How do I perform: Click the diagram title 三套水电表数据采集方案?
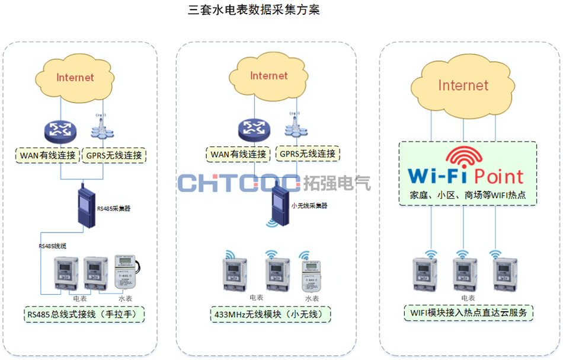[x=253, y=10]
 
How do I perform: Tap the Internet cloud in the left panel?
[x=75, y=77]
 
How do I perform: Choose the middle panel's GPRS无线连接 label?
[x=308, y=154]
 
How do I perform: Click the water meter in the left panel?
[x=127, y=272]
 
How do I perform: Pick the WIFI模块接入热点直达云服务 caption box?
[x=468, y=312]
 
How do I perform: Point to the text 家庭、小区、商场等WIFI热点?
[x=468, y=195]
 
